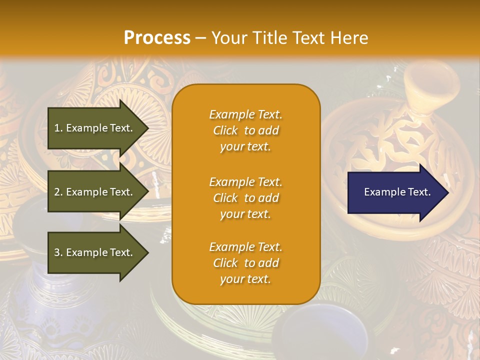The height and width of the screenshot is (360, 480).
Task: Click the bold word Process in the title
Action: pyautogui.click(x=157, y=38)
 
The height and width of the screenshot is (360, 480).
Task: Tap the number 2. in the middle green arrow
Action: pyautogui.click(x=58, y=192)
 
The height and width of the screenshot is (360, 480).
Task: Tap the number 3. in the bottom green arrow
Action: pyautogui.click(x=58, y=252)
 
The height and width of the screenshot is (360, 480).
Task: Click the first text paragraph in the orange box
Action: pyautogui.click(x=245, y=130)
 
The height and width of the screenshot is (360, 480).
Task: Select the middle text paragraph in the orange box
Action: pyautogui.click(x=245, y=198)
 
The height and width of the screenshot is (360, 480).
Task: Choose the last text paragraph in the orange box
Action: pyautogui.click(x=245, y=263)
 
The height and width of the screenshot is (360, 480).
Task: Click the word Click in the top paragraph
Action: pyautogui.click(x=225, y=130)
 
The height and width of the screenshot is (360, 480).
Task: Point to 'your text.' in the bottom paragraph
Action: pyautogui.click(x=245, y=279)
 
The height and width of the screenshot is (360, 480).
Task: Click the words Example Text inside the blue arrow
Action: pyautogui.click(x=397, y=192)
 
